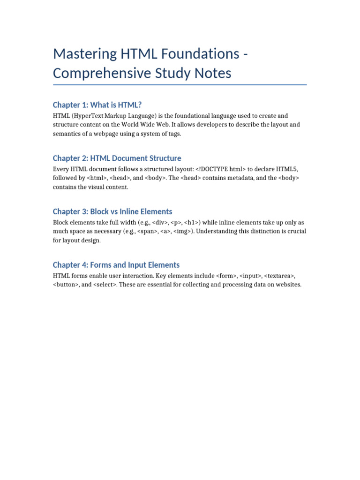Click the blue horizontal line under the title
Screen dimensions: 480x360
coord(180,85)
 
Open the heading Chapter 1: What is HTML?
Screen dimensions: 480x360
coord(97,105)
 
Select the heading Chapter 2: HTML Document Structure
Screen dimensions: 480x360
coord(117,158)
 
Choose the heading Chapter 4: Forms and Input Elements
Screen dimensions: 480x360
coord(116,265)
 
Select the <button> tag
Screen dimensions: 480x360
coord(67,285)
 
